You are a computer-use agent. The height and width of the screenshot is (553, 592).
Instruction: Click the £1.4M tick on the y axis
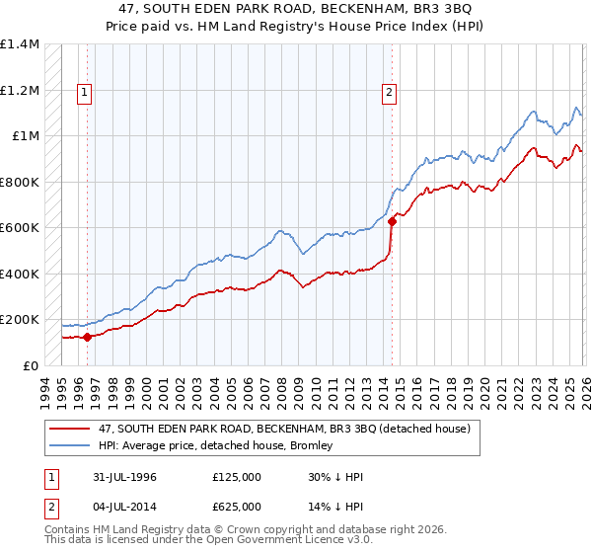click(20, 44)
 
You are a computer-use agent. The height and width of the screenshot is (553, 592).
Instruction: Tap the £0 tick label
click(30, 365)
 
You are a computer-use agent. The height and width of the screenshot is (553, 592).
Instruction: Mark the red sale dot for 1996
click(88, 337)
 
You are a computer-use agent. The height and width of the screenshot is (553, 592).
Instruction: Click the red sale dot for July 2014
click(392, 222)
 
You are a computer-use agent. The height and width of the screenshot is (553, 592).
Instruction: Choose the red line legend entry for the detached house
click(261, 430)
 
